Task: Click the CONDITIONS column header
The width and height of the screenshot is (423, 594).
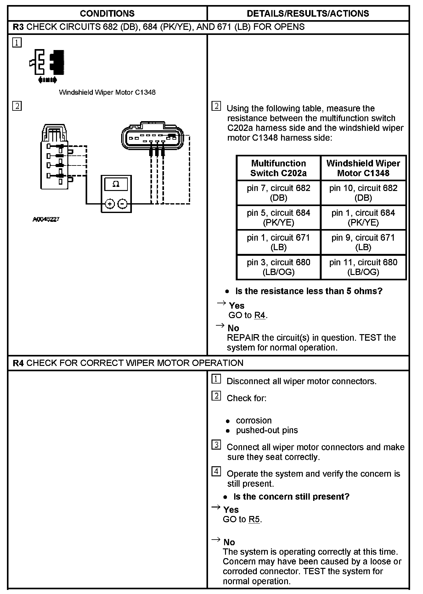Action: [x=107, y=14]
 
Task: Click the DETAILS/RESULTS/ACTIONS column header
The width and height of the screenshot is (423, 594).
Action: [x=308, y=14]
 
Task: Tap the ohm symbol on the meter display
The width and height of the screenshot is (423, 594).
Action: [x=116, y=184]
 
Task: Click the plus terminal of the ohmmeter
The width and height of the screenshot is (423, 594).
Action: [x=110, y=204]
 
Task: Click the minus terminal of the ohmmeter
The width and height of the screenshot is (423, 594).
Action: [x=122, y=204]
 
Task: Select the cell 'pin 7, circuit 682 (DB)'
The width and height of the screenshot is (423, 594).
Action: [x=279, y=193]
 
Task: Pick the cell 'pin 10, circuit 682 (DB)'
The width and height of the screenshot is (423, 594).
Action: [x=363, y=193]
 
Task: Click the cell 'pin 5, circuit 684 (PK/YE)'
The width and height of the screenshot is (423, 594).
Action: [x=279, y=218]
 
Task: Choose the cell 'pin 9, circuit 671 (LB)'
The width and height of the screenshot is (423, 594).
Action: [x=363, y=242]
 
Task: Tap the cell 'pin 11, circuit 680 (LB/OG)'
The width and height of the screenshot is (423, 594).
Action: [x=363, y=267]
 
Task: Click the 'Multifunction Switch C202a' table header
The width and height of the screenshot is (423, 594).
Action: [x=279, y=168]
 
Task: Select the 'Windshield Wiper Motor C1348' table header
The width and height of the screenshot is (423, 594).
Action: [x=363, y=168]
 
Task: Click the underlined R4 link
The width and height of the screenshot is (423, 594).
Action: [x=260, y=315]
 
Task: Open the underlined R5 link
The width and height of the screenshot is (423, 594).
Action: [x=254, y=519]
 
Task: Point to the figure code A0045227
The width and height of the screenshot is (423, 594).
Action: [x=46, y=219]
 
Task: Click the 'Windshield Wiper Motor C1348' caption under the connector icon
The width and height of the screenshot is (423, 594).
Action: [x=107, y=92]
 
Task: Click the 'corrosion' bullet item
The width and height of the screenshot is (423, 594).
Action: [x=254, y=421]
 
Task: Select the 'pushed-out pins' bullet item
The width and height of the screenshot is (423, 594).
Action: [x=267, y=430]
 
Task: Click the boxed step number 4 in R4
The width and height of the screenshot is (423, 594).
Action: [x=216, y=472]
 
